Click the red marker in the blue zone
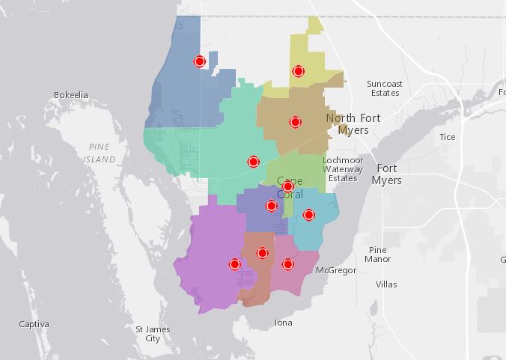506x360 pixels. click(x=199, y=61)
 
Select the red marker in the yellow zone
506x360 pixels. click(x=298, y=71)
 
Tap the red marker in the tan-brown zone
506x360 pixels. click(x=295, y=122)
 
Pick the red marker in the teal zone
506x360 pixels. click(x=253, y=162)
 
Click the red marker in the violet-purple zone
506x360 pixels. click(x=234, y=264)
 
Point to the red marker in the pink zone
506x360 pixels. click(x=287, y=264)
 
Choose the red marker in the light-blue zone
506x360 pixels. click(x=308, y=215)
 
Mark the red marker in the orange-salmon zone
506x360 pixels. click(x=262, y=253)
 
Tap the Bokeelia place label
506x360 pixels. click(x=71, y=95)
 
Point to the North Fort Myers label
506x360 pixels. click(x=353, y=124)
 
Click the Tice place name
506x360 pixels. click(x=447, y=137)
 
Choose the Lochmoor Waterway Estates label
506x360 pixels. click(x=343, y=169)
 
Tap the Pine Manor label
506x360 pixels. click(x=377, y=254)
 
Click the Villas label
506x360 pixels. click(x=386, y=284)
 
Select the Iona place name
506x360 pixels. click(x=283, y=323)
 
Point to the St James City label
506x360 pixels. click(x=153, y=334)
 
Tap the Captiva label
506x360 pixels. click(x=34, y=324)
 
